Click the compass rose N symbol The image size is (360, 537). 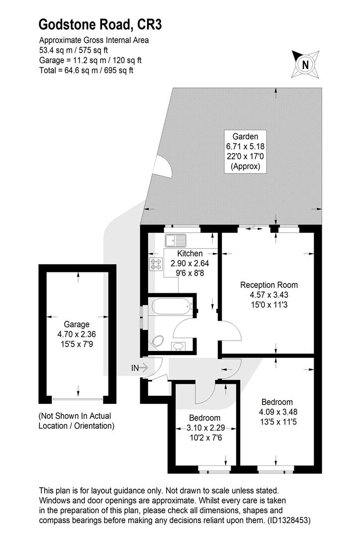pyautogui.click(x=305, y=64)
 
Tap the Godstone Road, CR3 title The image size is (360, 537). pyautogui.click(x=100, y=25)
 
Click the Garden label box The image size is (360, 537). pyautogui.click(x=245, y=151)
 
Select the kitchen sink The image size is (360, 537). pyautogui.click(x=176, y=241)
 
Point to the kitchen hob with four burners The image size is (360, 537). pyautogui.click(x=156, y=264)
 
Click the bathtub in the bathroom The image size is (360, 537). pyautogui.click(x=170, y=306)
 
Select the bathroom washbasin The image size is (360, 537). pyautogui.click(x=178, y=346)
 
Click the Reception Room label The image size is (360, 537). pyautogui.click(x=269, y=284)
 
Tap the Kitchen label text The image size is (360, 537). pyautogui.click(x=190, y=254)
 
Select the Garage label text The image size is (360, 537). pyautogui.click(x=77, y=324)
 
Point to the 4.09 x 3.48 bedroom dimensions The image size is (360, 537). pyautogui.click(x=278, y=412)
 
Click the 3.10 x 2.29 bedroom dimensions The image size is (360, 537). pyautogui.click(x=206, y=428)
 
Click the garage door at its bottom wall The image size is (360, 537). pyautogui.click(x=78, y=399)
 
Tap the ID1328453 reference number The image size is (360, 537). pyautogui.click(x=289, y=521)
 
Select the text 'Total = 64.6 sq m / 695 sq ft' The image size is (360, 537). pyautogui.click(x=87, y=71)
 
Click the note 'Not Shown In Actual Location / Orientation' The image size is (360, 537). pyautogui.click(x=77, y=421)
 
